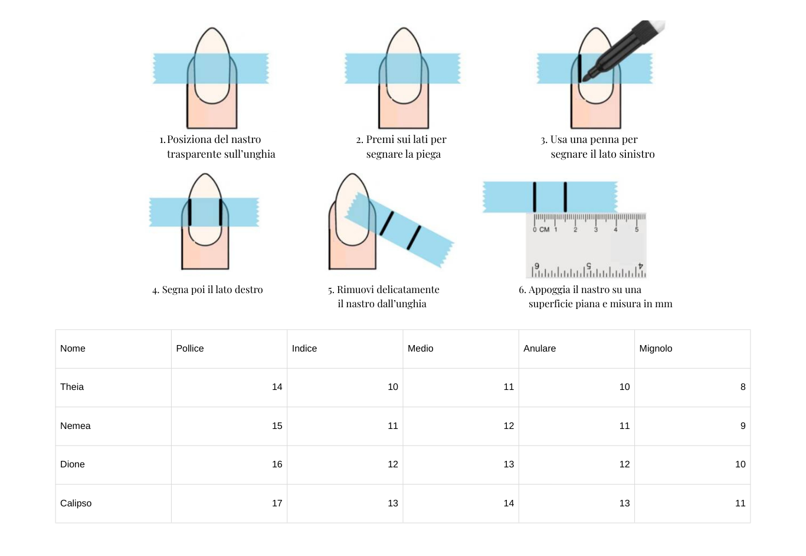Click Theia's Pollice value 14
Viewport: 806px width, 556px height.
pyautogui.click(x=277, y=386)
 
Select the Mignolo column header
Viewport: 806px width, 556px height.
pyautogui.click(x=655, y=349)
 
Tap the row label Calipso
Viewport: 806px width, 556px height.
pyautogui.click(x=76, y=503)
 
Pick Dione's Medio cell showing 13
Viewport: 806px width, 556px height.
pyautogui.click(x=509, y=464)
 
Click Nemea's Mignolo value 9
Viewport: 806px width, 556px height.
pyautogui.click(x=743, y=425)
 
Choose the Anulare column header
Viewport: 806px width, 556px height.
pyautogui.click(x=539, y=349)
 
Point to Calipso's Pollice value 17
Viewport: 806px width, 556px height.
pyautogui.click(x=277, y=503)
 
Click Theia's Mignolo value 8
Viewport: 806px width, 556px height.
pyautogui.click(x=743, y=386)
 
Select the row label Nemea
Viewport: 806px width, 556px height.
pyautogui.click(x=75, y=425)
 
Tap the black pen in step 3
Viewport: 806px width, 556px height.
pyautogui.click(x=624, y=50)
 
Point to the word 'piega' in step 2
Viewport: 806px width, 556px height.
pyautogui.click(x=428, y=154)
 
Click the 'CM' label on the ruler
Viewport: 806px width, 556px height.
pyautogui.click(x=544, y=229)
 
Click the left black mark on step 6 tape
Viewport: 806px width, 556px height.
pyautogui.click(x=535, y=197)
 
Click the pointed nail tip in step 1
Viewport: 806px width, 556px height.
pyautogui.click(x=212, y=28)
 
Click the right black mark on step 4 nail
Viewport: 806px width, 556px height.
pyautogui.click(x=221, y=212)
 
